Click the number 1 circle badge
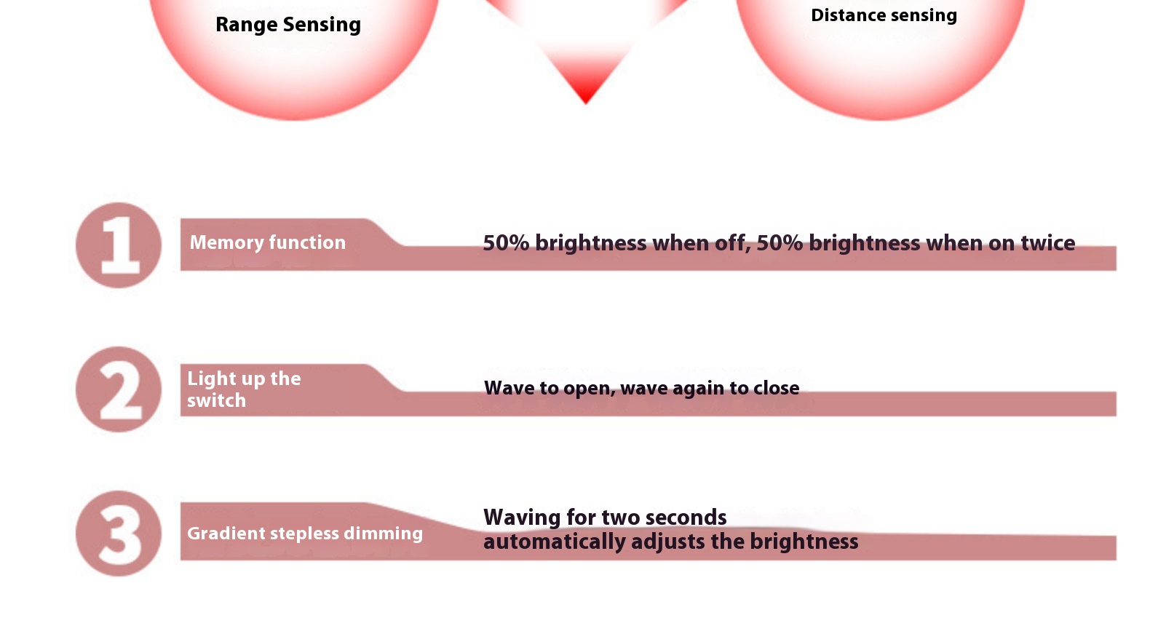pyautogui.click(x=119, y=245)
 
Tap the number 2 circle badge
pyautogui.click(x=119, y=389)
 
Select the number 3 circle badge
pyautogui.click(x=119, y=533)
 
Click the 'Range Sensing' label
pyautogui.click(x=288, y=25)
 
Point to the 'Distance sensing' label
pyautogui.click(x=884, y=15)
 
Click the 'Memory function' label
pyautogui.click(x=267, y=242)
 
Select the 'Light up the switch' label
pyautogui.click(x=244, y=389)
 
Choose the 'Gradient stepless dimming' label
pyautogui.click(x=305, y=534)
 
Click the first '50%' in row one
pyautogui.click(x=506, y=243)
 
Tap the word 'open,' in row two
pyautogui.click(x=590, y=389)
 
